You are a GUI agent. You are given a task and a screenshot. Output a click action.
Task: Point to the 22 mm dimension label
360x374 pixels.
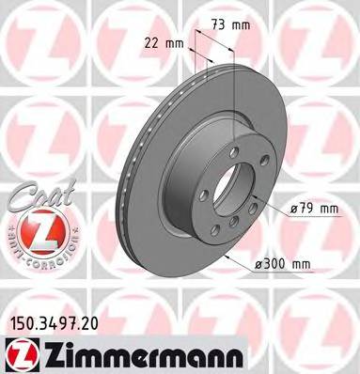coord(169,42)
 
